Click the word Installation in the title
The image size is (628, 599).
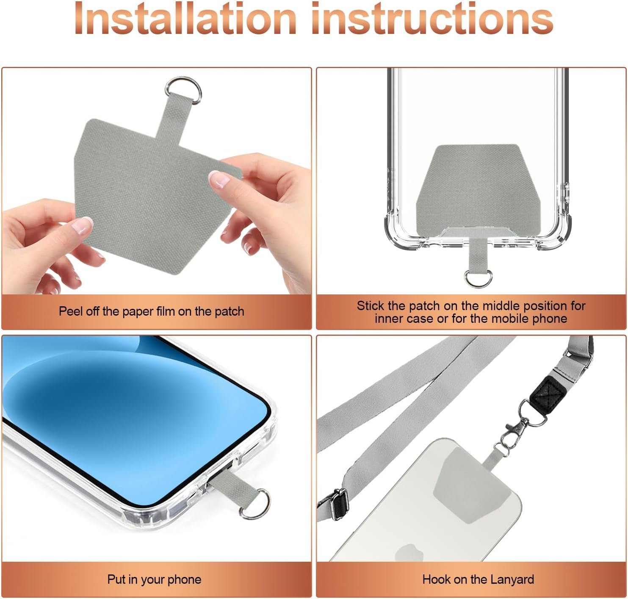(185, 19)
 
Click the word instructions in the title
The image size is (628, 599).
(432, 19)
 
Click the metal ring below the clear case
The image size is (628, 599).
(478, 279)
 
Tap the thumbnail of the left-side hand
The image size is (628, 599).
(83, 225)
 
